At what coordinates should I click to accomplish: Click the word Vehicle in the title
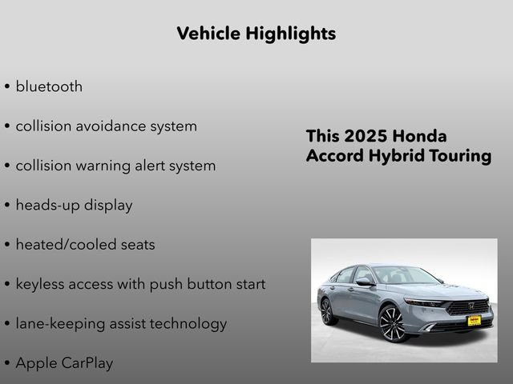pyautogui.click(x=203, y=34)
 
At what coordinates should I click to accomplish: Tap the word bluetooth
pyautogui.click(x=48, y=86)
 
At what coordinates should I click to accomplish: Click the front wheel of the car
pyautogui.click(x=392, y=323)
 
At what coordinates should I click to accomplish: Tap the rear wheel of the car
pyautogui.click(x=326, y=310)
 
